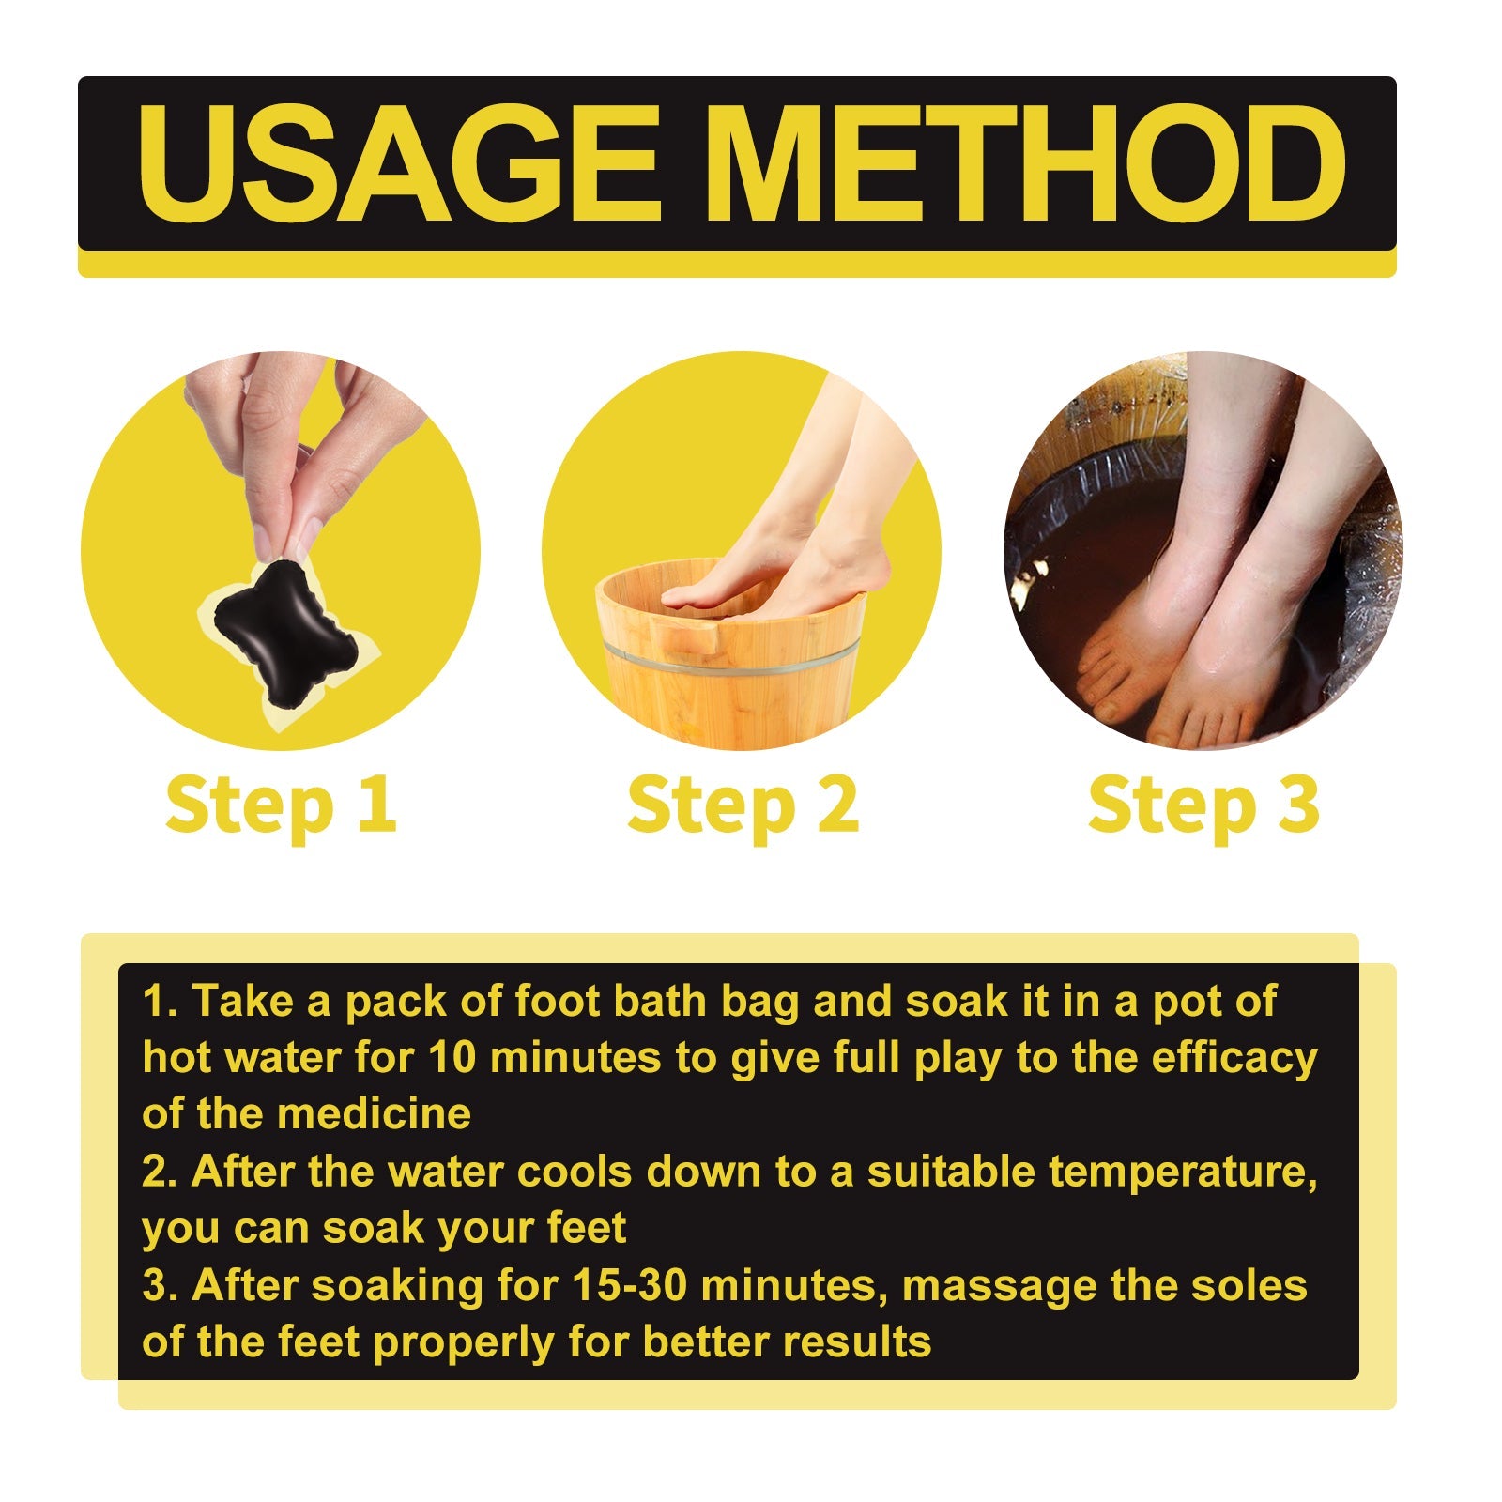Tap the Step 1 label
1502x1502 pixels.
[x=281, y=805]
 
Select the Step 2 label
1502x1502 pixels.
[x=743, y=805]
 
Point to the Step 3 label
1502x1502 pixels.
[x=1203, y=805]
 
